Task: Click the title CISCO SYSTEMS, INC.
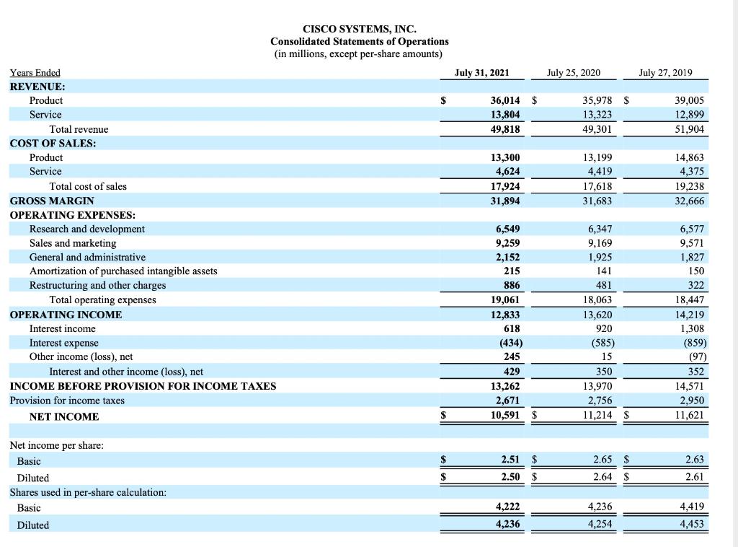coord(359,29)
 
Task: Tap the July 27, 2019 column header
coord(665,72)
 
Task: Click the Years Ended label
coord(35,72)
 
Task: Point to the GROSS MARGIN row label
coord(52,201)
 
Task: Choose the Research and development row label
coord(86,229)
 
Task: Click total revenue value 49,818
coord(504,129)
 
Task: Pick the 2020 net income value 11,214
coord(597,416)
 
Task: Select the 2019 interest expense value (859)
coord(691,343)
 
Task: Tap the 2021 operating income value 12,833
coord(504,315)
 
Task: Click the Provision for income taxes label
coord(67,401)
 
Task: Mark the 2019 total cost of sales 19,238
coord(688,186)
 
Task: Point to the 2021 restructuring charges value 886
coord(510,286)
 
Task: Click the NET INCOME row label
coord(64,416)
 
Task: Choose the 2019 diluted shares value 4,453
coord(691,525)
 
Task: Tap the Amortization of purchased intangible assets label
coord(123,271)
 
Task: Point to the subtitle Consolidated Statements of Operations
coord(359,41)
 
